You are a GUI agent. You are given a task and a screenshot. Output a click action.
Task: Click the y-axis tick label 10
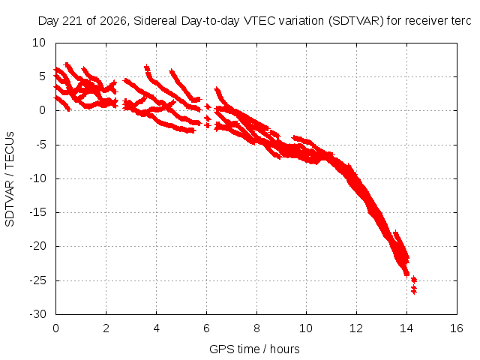pos(39,43)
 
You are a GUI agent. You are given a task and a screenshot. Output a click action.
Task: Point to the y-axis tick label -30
pos(38,314)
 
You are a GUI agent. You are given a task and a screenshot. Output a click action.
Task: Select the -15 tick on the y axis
pos(38,212)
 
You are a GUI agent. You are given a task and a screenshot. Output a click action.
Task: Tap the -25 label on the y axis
pos(38,280)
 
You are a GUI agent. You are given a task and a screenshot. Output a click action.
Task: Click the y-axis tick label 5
pos(42,76)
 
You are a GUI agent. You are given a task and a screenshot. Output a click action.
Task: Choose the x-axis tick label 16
pos(457,328)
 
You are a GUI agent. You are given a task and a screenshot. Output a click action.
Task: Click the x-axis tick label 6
pos(207,328)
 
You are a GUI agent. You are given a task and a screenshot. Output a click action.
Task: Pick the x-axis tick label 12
pos(356,328)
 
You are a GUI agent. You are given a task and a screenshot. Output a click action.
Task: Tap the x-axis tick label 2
pos(106,328)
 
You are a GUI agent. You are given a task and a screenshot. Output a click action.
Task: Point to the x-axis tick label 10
pos(306,328)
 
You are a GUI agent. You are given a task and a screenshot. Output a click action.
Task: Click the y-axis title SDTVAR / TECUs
pos(10,179)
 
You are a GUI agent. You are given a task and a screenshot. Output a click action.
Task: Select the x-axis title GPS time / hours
pos(254,349)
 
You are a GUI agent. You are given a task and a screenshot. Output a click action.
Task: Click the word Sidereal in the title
pos(155,21)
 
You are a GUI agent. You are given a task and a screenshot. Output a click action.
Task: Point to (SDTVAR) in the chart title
pos(355,21)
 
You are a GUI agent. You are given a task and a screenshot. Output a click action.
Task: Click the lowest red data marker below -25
pos(414,292)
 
